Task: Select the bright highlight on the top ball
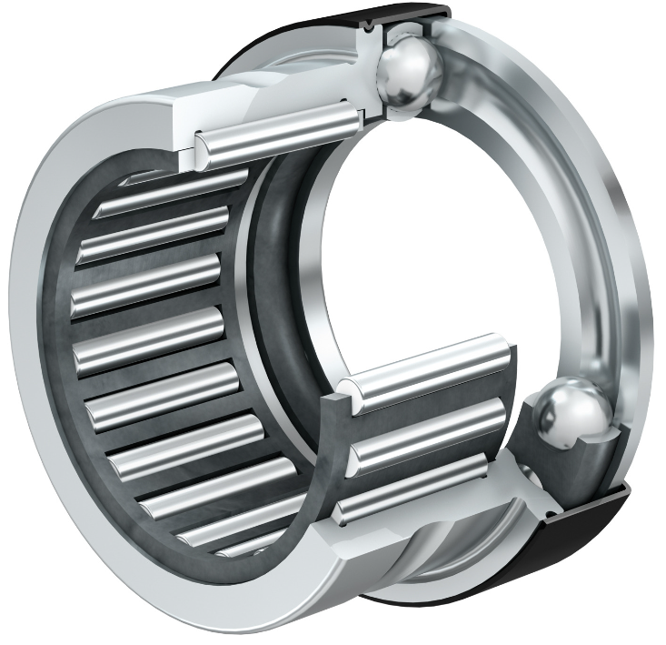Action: (x=400, y=64)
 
